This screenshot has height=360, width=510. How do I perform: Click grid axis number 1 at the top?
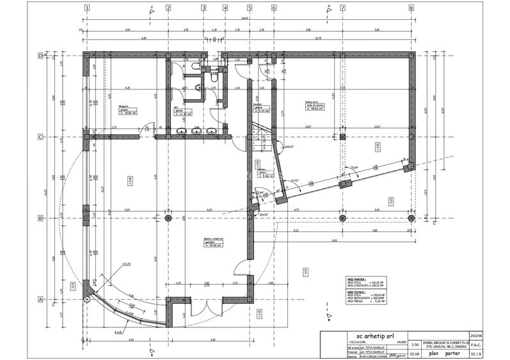86,8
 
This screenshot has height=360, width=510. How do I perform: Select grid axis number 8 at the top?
411,8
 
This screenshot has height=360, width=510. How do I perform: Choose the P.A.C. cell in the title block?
475,343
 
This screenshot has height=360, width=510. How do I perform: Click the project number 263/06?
475,335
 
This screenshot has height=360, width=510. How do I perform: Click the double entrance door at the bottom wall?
203,313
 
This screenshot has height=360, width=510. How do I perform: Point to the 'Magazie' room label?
124,107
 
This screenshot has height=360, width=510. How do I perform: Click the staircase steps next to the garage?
259,130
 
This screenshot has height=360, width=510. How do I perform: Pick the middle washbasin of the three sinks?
196,132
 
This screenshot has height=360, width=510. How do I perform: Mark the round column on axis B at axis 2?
168,218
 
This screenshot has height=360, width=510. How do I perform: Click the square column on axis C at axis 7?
342,137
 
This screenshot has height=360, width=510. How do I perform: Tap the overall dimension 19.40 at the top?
244,19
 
